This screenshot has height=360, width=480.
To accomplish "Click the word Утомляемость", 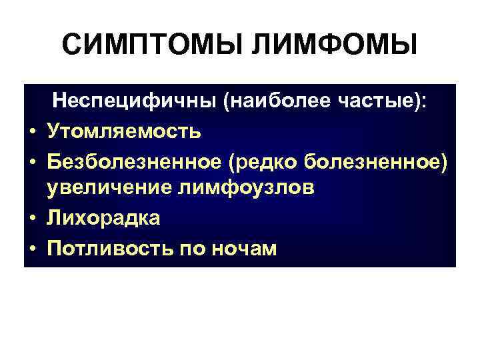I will pyautogui.click(x=123, y=131).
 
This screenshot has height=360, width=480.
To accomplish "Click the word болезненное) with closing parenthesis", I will pyautogui.click(x=387, y=160).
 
